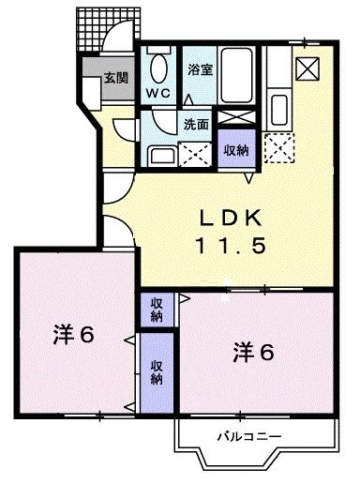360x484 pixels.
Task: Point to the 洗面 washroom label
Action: (195, 123)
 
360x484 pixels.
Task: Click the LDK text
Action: (234, 218)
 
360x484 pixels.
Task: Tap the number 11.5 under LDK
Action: (234, 246)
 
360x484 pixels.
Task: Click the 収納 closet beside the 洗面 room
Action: (235, 149)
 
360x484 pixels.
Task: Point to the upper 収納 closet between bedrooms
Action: (156, 310)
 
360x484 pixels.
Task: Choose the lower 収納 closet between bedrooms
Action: (157, 372)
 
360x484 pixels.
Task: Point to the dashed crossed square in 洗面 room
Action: (196, 152)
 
